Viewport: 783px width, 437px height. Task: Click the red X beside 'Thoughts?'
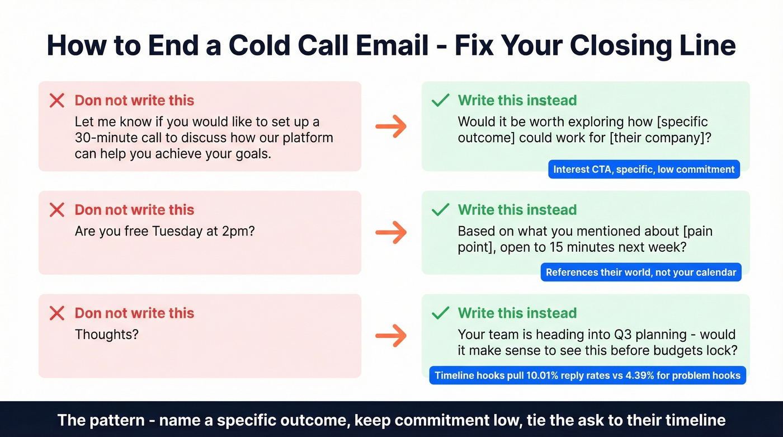click(x=56, y=313)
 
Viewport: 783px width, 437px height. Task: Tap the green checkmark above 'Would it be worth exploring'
click(x=441, y=101)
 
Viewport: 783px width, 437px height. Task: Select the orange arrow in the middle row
click(x=391, y=232)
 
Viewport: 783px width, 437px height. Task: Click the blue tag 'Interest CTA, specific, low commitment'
click(x=644, y=170)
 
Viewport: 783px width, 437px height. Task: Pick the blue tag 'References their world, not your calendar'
click(x=641, y=272)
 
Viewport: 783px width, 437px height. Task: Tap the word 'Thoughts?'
click(x=107, y=335)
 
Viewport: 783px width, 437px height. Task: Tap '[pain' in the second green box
click(x=696, y=231)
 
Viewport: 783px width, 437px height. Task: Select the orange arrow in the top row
click(x=391, y=127)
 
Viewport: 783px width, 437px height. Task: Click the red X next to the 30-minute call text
click(x=56, y=101)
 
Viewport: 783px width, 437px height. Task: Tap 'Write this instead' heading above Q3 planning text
click(x=517, y=313)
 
